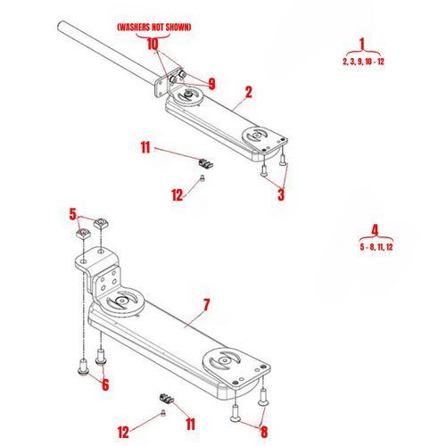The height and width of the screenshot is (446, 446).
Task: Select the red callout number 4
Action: (x=376, y=229)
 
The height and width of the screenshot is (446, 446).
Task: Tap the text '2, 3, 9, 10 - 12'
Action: (x=363, y=62)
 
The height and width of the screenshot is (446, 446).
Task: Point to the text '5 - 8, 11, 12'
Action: (x=376, y=245)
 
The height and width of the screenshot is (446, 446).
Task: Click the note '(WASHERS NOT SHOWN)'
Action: (x=153, y=28)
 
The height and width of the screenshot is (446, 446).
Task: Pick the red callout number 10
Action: (x=153, y=43)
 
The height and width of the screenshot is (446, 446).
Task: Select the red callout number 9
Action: (x=211, y=84)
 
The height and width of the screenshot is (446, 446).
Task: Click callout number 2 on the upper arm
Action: (x=248, y=91)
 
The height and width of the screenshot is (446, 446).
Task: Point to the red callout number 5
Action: (x=73, y=213)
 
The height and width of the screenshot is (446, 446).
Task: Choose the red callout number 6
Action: (x=104, y=384)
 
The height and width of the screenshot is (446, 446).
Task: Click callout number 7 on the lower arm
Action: (x=206, y=305)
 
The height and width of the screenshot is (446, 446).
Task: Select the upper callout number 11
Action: (x=146, y=146)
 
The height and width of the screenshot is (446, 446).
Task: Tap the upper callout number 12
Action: (x=178, y=194)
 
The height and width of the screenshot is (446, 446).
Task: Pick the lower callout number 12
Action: (x=122, y=431)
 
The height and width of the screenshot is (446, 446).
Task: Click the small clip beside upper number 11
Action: (x=206, y=164)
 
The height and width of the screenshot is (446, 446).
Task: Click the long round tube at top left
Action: (x=107, y=54)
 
